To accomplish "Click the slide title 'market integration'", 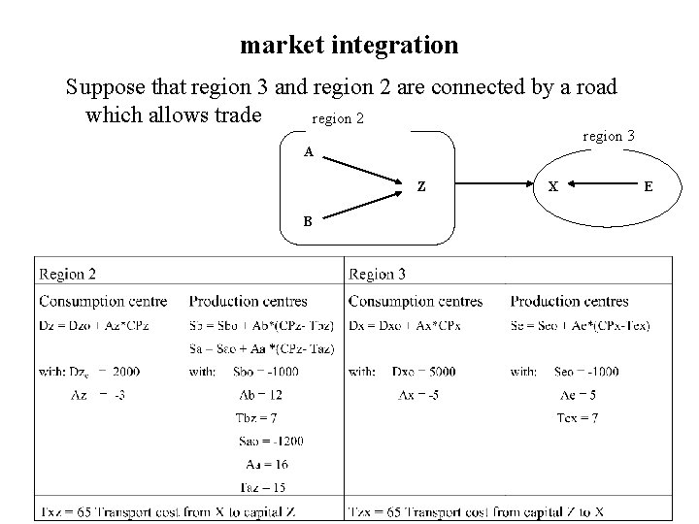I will point(349,45).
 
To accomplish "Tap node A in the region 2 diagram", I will point(308,152).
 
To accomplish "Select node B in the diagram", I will point(307,220).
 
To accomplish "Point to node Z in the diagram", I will point(421,185).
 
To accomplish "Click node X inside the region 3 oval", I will point(552,186).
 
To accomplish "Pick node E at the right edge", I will point(648,186).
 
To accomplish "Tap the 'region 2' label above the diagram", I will point(337,119).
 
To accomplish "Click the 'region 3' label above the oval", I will point(609,136).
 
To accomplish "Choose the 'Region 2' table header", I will point(67,275).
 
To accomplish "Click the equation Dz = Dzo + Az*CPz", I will point(102,324).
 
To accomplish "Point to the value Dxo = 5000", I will point(423,371).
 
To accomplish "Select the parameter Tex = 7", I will point(580,417).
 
